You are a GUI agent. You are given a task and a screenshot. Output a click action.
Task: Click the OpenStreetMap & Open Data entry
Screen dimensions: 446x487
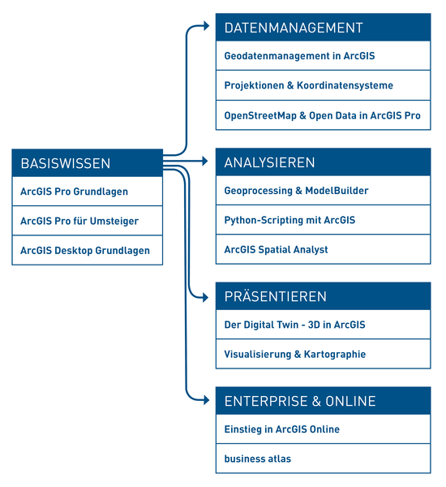tap(322, 115)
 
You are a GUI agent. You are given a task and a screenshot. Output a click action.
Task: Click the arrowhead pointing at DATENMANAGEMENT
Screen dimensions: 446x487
tap(206, 26)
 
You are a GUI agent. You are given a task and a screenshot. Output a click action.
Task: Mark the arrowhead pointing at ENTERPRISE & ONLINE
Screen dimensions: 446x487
tap(206, 399)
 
